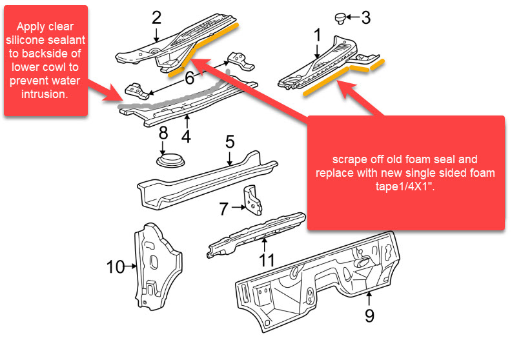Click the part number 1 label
click(317, 34)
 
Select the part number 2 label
click(156, 17)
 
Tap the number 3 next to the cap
click(366, 17)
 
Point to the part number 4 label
click(186, 137)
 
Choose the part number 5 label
click(230, 141)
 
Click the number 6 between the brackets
click(189, 78)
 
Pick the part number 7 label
click(223, 208)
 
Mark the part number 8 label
click(163, 134)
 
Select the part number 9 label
click(369, 315)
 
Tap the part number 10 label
click(116, 266)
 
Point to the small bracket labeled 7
click(254, 201)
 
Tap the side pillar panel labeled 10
click(151, 265)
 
